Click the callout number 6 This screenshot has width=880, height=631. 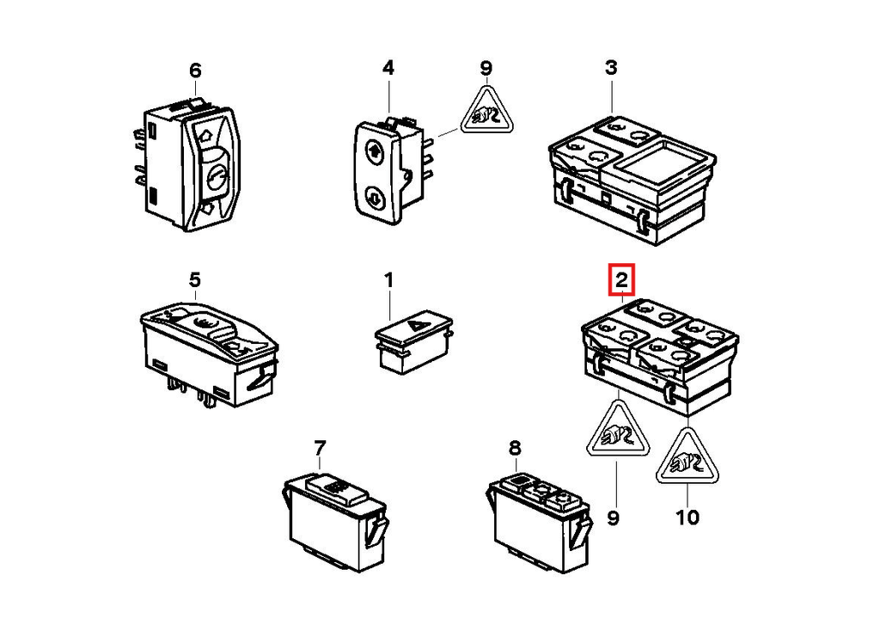[195, 70]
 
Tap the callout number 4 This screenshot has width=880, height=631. [388, 68]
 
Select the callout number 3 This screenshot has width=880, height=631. [611, 67]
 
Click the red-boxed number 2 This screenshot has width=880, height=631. [622, 279]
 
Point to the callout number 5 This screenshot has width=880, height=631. [194, 279]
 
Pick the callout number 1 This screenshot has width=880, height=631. [388, 280]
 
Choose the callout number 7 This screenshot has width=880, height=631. [320, 448]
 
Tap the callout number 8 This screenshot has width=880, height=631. [515, 448]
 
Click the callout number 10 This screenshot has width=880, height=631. [687, 517]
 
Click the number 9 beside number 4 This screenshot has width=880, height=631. [486, 69]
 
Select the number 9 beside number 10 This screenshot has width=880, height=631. [613, 517]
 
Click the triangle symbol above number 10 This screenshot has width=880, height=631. [687, 458]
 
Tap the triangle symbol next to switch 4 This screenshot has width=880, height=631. [486, 112]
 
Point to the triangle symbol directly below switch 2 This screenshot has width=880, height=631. [618, 432]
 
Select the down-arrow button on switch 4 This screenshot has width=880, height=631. [373, 198]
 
